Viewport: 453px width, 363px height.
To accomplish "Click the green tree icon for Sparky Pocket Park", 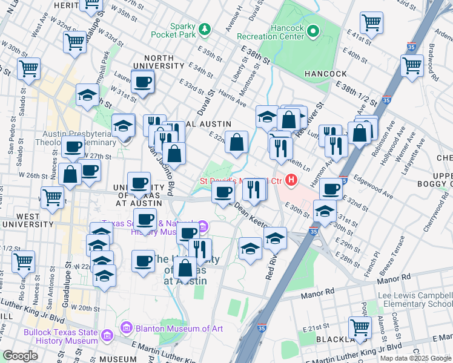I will (205, 29).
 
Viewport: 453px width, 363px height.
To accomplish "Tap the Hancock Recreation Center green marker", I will (312, 30).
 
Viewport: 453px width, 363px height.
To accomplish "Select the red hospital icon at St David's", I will (293, 180).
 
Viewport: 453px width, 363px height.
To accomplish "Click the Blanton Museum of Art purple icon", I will (126, 329).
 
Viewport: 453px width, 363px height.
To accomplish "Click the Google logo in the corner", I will (20, 356).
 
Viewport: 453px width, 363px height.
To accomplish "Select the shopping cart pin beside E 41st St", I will (371, 23).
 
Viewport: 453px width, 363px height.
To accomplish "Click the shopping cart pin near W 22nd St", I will (23, 262).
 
